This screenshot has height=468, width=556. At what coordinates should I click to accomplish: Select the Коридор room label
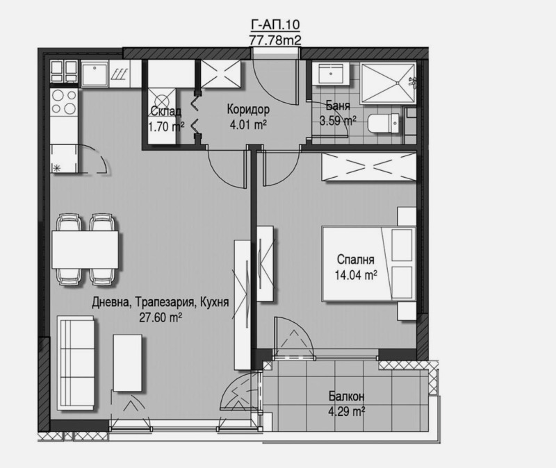click(248, 110)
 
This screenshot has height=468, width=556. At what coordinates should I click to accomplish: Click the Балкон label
click(346, 397)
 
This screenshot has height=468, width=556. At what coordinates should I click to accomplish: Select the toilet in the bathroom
click(382, 124)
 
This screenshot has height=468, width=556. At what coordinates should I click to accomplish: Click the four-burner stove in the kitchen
click(64, 103)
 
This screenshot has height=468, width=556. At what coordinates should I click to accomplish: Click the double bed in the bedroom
click(366, 264)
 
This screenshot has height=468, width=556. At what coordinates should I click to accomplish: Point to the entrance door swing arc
click(270, 76)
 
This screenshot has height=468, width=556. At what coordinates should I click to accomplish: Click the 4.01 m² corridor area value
click(248, 125)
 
